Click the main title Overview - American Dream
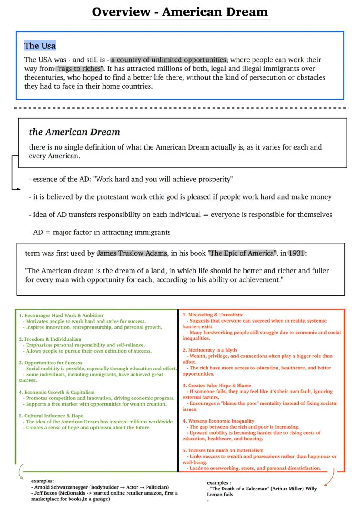point(180,11)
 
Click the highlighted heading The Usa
point(40,46)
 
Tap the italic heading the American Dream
point(74,132)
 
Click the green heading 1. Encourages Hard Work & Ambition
point(61,315)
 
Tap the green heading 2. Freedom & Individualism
point(50,339)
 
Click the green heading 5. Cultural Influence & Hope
point(51,416)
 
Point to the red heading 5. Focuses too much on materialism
point(223,450)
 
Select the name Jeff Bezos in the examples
point(45,493)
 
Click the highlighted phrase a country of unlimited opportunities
point(169,60)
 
